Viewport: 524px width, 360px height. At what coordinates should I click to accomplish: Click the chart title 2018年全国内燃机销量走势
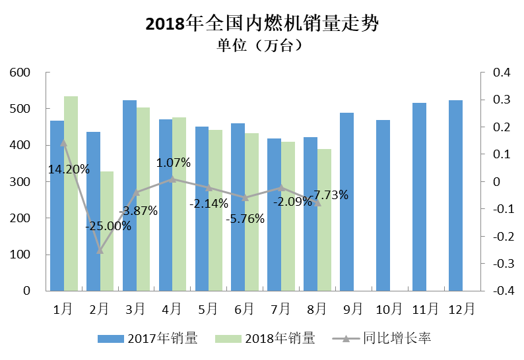click(x=262, y=24)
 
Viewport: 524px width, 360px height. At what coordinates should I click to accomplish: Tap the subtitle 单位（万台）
click(x=261, y=46)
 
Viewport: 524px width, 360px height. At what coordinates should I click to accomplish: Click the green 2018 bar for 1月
click(x=71, y=193)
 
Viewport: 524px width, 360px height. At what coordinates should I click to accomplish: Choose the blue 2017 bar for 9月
click(x=347, y=201)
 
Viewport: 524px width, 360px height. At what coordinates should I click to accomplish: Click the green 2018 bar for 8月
click(x=323, y=220)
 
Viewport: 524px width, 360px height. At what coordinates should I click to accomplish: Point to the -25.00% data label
click(x=108, y=225)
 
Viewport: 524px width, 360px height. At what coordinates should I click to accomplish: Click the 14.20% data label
click(x=69, y=169)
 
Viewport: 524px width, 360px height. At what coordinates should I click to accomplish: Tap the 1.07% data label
click(x=174, y=162)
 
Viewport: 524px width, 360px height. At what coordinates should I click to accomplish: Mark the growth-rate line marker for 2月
click(x=100, y=251)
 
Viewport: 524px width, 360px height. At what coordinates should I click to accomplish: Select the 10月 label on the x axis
click(x=388, y=309)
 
